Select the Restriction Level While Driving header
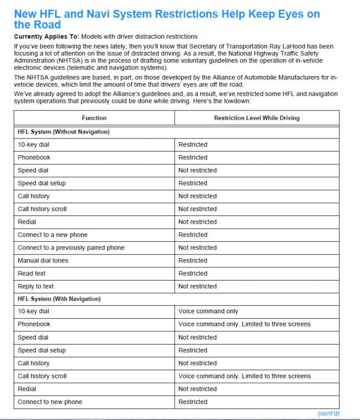pyautogui.click(x=257, y=118)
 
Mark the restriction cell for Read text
pyautogui.click(x=193, y=273)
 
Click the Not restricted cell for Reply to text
pyautogui.click(x=198, y=286)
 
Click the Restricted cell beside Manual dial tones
pyautogui.click(x=193, y=260)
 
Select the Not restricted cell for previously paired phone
pyautogui.click(x=198, y=248)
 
